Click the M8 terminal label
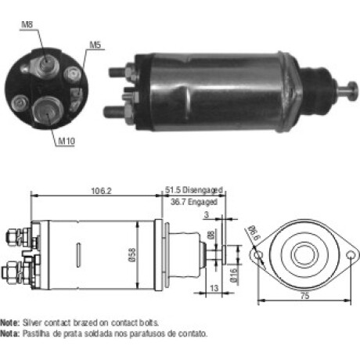tap(27, 24)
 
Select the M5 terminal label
tap(95, 45)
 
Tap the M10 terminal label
tap(67, 141)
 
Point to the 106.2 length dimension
tap(101, 191)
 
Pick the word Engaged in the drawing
tap(203, 202)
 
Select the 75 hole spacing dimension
tap(304, 296)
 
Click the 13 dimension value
tap(214, 288)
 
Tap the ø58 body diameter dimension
tap(132, 255)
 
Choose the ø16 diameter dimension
tap(234, 275)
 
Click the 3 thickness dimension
tap(207, 214)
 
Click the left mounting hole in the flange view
tap(258, 255)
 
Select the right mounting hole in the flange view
tap(351, 255)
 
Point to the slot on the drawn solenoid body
tap(78, 255)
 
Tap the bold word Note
tap(9, 322)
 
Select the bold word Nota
tap(9, 333)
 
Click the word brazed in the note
tap(85, 322)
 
